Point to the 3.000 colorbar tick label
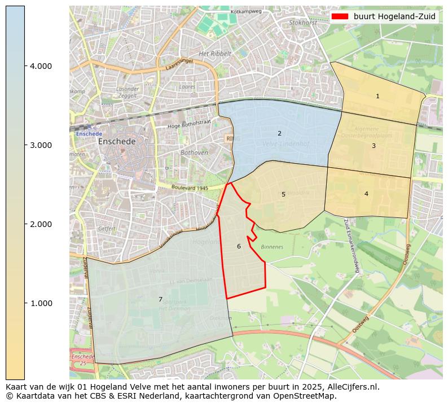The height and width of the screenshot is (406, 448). coord(41,145)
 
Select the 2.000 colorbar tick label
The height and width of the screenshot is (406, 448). coord(41,224)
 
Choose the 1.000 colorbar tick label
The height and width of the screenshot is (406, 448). coord(41,303)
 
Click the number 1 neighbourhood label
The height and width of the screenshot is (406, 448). coord(377,97)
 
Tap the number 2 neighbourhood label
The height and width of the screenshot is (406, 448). coord(279,133)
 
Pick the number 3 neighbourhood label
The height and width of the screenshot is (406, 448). coord(374,146)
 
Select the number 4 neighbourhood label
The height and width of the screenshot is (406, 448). coord(366,194)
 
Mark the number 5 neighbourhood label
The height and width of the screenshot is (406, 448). coord(283,194)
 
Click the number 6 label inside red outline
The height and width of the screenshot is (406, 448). coord(239,246)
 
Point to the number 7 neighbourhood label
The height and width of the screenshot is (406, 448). coord(160,299)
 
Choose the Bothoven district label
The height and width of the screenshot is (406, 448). coord(194,153)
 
